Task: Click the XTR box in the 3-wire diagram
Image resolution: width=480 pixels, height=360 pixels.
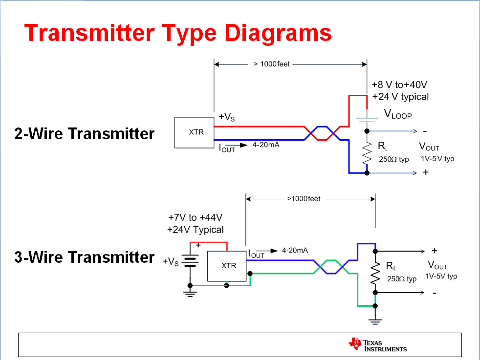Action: [227, 266]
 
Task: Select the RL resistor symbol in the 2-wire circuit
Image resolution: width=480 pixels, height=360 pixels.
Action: [367, 154]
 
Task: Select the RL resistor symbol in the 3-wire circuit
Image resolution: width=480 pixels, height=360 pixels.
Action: [375, 274]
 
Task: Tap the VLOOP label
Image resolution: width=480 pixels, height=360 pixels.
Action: [398, 115]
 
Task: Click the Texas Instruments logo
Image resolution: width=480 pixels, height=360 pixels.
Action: [377, 345]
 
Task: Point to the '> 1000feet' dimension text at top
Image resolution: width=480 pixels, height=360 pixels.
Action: [272, 64]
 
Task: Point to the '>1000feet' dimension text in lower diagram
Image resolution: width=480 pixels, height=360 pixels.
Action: [304, 199]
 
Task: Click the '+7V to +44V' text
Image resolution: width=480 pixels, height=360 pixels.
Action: [196, 217]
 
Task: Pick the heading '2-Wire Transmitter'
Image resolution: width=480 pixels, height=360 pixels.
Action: [85, 133]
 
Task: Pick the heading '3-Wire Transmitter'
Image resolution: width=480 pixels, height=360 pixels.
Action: [85, 257]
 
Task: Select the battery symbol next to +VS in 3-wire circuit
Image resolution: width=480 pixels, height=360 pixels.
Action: [190, 262]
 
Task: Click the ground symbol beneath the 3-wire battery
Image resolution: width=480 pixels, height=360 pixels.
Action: [190, 293]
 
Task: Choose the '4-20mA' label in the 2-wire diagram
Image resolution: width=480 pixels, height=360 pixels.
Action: [265, 145]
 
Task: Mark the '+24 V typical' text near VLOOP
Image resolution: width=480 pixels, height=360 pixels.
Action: [400, 97]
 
